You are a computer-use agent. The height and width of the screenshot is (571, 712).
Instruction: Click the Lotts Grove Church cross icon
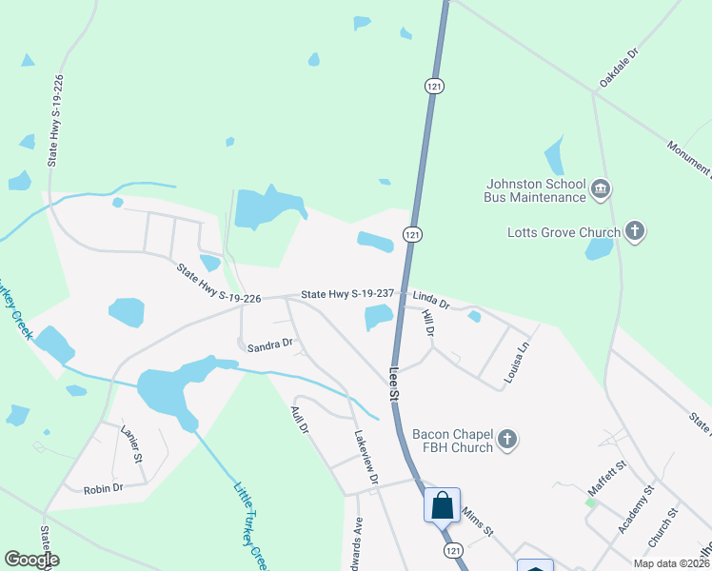point(635,230)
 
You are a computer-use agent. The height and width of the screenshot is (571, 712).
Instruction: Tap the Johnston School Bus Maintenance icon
point(600,188)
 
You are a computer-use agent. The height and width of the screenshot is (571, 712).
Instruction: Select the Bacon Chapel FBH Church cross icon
point(507,439)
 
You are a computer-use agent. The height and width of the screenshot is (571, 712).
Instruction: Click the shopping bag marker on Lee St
point(443,504)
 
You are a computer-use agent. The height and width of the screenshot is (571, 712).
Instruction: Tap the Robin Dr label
point(103,488)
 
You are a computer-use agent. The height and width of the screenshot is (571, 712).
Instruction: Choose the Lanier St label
point(130,444)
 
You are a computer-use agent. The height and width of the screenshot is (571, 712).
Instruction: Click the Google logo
point(31,560)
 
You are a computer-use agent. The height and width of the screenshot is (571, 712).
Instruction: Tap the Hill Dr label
point(427,325)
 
